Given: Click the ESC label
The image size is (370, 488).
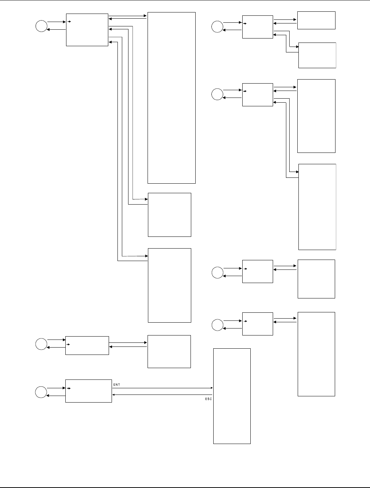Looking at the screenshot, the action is (x=208, y=399).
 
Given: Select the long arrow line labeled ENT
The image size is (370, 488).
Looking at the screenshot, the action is (x=162, y=388).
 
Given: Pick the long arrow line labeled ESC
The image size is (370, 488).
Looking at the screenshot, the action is (x=162, y=395).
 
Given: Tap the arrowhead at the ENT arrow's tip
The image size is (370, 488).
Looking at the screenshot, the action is (x=212, y=388).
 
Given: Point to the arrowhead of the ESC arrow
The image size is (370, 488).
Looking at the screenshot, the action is (x=113, y=395).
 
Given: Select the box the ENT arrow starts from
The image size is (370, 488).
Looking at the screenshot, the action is (x=88, y=391).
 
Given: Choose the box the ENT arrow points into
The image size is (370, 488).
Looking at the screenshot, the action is (x=232, y=396).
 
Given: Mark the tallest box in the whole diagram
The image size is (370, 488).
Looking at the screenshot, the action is (x=171, y=98).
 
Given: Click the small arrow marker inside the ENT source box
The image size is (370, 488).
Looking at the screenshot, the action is (x=69, y=388).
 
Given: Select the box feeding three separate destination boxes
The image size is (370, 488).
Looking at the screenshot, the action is (x=87, y=30).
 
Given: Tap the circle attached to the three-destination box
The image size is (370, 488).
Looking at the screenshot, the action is (x=41, y=26).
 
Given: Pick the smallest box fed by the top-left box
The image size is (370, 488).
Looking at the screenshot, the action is (x=169, y=215).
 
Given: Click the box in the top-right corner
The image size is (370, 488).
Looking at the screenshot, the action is (x=316, y=20).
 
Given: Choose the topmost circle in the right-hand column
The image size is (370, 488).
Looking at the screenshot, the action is (x=217, y=26).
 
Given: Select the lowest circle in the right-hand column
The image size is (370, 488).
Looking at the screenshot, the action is (x=217, y=324).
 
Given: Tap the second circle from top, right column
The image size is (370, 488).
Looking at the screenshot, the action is (x=217, y=94).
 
